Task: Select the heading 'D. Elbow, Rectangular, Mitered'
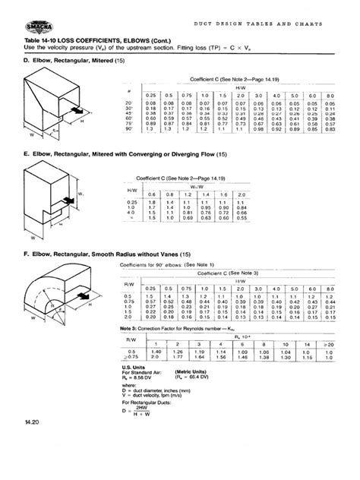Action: click(65, 61)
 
